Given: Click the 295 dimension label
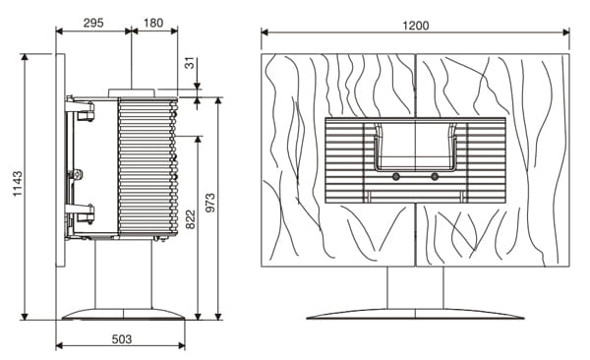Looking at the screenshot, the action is click(93, 23).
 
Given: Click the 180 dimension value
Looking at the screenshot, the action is click(153, 23).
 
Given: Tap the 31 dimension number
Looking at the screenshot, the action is click(191, 63).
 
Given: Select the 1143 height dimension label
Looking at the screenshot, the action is click(18, 183).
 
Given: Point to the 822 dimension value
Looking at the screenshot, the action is click(191, 219).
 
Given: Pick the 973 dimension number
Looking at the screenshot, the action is click(210, 203).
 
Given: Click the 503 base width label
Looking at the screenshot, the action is click(122, 339).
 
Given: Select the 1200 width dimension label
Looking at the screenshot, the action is click(415, 26).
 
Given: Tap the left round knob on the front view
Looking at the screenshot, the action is click(396, 176).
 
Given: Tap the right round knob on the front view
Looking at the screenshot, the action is click(435, 176).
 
